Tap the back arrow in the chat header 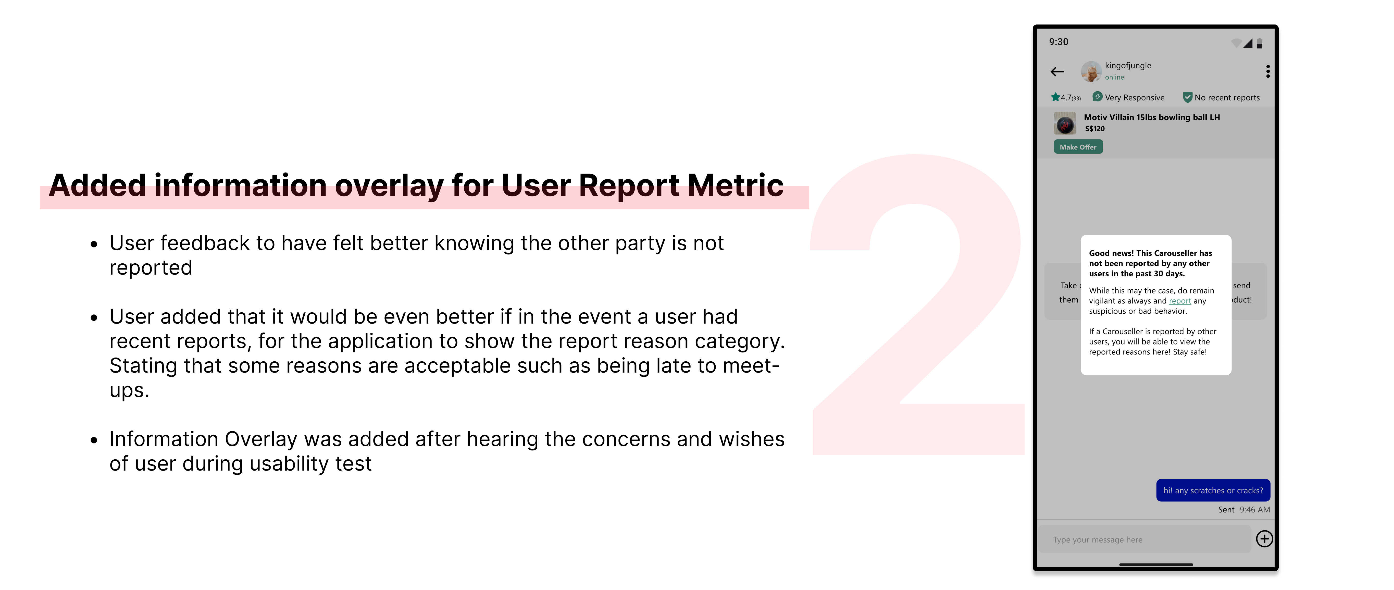(1057, 71)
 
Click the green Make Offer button (1078, 147)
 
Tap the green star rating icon (1055, 97)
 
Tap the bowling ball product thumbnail (1064, 124)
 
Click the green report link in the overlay (1180, 301)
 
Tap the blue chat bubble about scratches (1213, 490)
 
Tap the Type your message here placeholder (1098, 540)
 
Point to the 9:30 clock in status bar (1059, 42)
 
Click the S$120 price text (1095, 129)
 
